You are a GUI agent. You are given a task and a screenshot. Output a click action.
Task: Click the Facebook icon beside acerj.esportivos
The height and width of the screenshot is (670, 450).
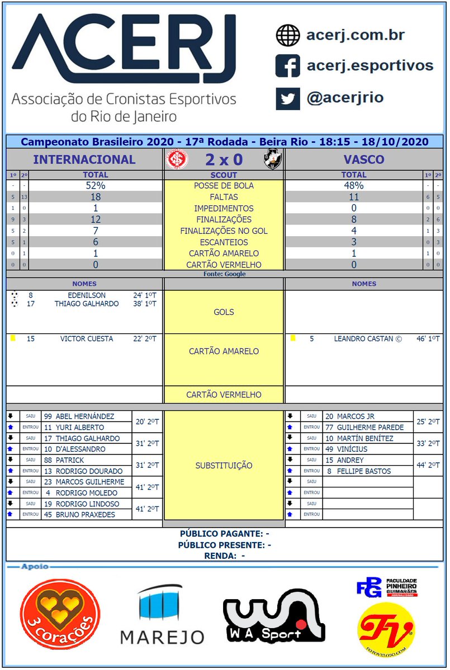pos(287,66)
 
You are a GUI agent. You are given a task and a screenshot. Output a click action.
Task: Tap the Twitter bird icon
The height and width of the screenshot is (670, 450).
pos(287,99)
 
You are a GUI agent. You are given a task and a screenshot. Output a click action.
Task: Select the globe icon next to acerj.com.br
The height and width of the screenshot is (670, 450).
pos(287,35)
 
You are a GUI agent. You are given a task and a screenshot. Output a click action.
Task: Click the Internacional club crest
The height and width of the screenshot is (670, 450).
pos(178,160)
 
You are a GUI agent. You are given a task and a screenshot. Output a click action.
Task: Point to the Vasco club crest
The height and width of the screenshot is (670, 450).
pos(272,160)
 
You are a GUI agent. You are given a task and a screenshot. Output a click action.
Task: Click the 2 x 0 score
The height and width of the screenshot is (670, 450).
pos(224,160)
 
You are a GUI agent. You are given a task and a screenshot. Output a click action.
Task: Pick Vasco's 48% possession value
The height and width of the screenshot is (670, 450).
pos(353,186)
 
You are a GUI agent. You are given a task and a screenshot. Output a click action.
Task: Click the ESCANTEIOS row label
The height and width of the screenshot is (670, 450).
pos(224,242)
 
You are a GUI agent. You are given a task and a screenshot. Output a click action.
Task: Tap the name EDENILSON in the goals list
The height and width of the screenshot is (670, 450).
pos(87,295)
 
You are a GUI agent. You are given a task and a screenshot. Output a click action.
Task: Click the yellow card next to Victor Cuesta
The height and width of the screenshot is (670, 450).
pos(12,338)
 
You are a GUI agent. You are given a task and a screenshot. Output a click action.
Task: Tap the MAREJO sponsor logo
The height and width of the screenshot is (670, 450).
pos(162,615)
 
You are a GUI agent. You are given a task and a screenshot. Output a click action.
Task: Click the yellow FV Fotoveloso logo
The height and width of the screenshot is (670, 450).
pos(386,629)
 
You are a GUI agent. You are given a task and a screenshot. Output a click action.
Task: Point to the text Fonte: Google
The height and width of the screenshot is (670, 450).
pos(224,274)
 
